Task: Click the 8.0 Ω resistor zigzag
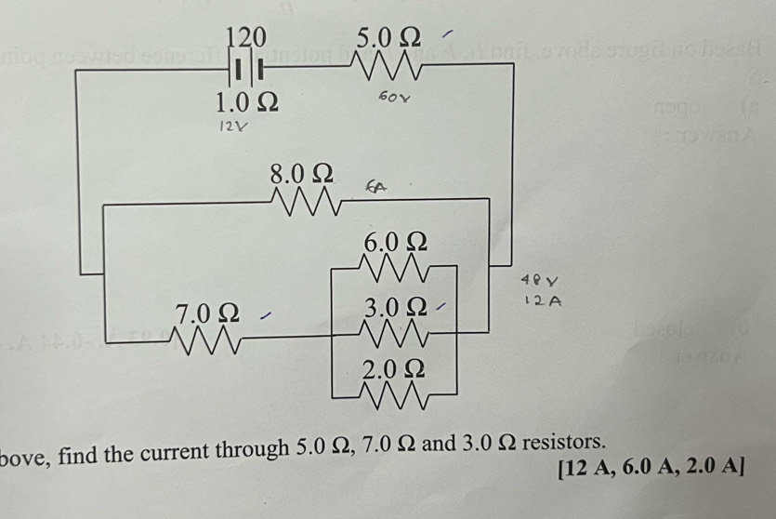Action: coord(301,199)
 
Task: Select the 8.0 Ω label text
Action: coord(301,173)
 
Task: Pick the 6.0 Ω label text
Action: coord(395,243)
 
